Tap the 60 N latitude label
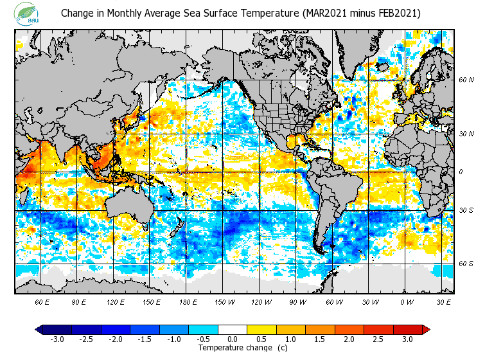pyautogui.click(x=466, y=80)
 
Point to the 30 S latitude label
pyautogui.click(x=466, y=211)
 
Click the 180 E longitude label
pyautogui.click(x=188, y=301)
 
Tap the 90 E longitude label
pyautogui.click(x=79, y=301)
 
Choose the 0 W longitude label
pyautogui.click(x=406, y=301)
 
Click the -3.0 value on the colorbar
pyautogui.click(x=57, y=339)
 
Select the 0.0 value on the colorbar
pyautogui.click(x=233, y=339)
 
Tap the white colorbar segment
pyautogui.click(x=233, y=330)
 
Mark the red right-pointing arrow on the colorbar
pyautogui.click(x=425, y=330)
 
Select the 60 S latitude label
pyautogui.click(x=466, y=264)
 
